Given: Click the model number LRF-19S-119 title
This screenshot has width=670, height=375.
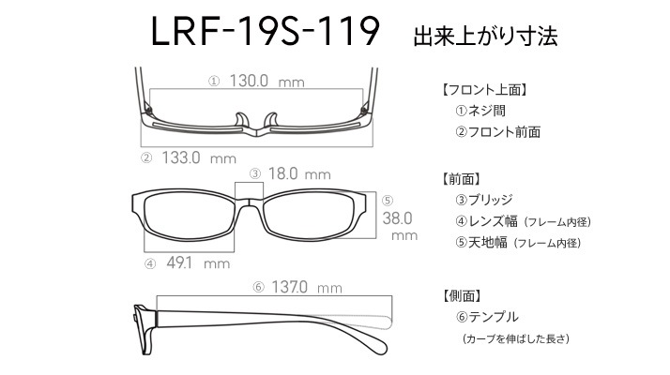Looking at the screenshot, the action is click(x=266, y=32).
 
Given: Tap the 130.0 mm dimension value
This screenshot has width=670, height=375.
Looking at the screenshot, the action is click(x=267, y=81).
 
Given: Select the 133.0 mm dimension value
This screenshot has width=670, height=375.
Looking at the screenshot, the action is click(x=199, y=157).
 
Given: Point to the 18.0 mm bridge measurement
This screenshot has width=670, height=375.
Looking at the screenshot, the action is click(x=299, y=173).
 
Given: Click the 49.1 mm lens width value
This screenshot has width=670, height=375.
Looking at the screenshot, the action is click(x=198, y=262).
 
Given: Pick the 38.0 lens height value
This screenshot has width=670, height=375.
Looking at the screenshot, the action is click(x=397, y=218).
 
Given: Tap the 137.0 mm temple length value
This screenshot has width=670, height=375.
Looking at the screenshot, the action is click(x=307, y=287).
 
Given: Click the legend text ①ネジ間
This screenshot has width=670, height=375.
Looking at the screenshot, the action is click(x=480, y=111).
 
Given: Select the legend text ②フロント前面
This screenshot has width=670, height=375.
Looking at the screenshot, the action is click(x=497, y=131).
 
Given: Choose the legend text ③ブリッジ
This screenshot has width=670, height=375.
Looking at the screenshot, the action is click(x=483, y=200).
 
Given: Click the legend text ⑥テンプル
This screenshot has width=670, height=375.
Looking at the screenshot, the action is click(x=487, y=317).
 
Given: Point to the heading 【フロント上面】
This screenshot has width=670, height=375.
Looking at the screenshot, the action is click(x=483, y=90).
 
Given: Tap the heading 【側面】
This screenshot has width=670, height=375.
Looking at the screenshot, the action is click(x=462, y=295).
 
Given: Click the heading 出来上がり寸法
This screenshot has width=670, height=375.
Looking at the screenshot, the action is click(x=485, y=37).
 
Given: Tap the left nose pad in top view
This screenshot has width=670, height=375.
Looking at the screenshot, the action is click(x=241, y=119).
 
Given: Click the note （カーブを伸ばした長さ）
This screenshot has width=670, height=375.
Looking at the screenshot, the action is click(x=516, y=338).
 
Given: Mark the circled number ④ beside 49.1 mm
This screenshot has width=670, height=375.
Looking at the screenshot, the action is click(x=150, y=263).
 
